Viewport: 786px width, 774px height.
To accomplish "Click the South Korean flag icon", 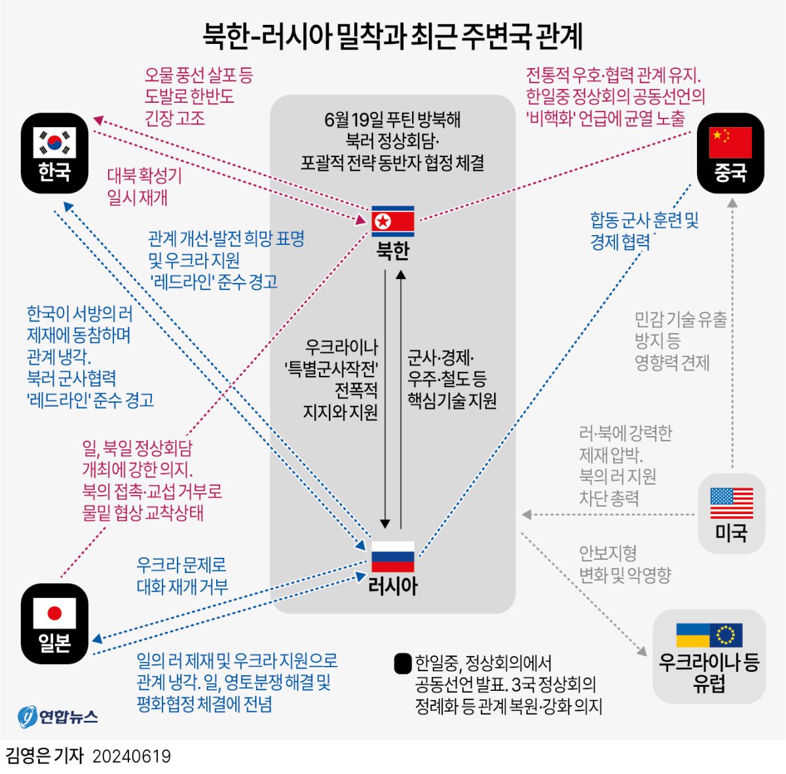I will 54,142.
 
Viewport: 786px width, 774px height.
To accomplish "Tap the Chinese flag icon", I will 731,142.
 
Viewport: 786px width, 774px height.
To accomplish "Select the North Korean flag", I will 393,221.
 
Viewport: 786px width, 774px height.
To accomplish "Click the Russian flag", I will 393,557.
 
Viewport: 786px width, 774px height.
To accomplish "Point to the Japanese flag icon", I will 54,613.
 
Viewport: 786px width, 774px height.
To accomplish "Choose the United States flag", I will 732,503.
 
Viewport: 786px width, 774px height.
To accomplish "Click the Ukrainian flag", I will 693,635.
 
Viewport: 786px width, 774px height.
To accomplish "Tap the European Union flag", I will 726,635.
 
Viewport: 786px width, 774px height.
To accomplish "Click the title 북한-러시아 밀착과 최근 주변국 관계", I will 392,36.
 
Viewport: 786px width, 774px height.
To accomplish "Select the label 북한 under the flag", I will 393,251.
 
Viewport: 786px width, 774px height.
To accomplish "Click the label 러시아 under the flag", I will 393,585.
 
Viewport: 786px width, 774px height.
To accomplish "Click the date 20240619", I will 132,757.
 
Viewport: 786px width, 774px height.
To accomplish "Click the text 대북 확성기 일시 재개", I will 144,187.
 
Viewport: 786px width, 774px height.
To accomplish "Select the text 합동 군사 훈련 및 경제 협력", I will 644,231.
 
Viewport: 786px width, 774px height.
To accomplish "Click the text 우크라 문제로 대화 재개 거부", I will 181,576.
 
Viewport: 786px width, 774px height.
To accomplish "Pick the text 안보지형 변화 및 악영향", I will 625,564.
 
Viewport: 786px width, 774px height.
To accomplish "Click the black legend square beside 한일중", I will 403,663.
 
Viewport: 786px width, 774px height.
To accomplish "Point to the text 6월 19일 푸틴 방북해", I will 392,120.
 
